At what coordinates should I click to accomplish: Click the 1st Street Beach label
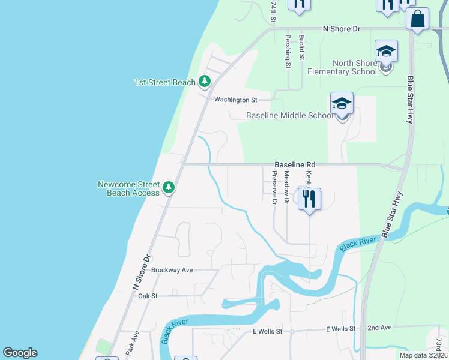click(x=164, y=82)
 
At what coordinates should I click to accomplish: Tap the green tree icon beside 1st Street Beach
click(x=205, y=81)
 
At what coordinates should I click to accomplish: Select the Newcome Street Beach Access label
click(x=129, y=188)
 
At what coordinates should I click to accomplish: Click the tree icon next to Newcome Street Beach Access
click(x=169, y=188)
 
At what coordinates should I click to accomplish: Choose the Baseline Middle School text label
click(x=289, y=115)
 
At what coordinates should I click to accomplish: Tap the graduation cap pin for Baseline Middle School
click(x=342, y=104)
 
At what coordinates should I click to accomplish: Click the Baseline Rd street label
click(x=295, y=164)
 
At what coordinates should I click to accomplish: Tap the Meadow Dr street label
click(x=287, y=186)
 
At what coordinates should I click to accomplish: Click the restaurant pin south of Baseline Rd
click(x=309, y=199)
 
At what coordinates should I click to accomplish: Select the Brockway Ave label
click(x=172, y=270)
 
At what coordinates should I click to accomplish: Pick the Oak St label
click(x=148, y=296)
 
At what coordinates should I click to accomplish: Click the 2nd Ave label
click(x=379, y=328)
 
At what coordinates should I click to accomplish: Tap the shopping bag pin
click(x=417, y=19)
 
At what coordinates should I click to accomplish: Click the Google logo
click(x=20, y=353)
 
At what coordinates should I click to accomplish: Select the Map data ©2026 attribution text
click(x=423, y=355)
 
